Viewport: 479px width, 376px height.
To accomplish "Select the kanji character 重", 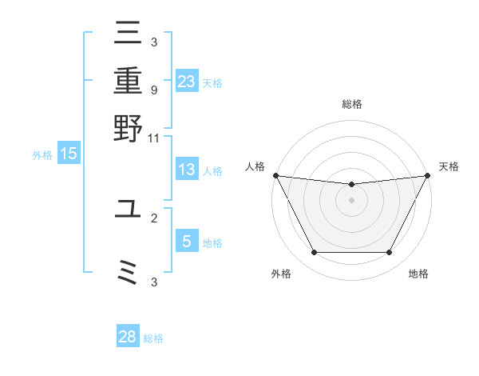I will point(129,82).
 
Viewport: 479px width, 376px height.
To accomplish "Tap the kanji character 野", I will point(129,127).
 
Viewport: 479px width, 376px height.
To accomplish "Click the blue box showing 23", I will point(186,82).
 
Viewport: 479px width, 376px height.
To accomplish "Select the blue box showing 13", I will point(186,170).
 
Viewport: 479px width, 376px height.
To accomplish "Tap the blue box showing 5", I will point(186,242).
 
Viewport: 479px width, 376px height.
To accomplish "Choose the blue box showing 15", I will point(69,154).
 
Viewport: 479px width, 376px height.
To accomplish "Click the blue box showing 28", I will point(128,337).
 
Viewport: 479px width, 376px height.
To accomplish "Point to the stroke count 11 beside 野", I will point(153,138).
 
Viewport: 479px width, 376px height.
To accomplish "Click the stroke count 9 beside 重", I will point(153,90).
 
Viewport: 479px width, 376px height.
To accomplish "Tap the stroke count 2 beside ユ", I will point(153,218).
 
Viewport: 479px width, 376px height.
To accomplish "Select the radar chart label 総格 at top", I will point(351,104).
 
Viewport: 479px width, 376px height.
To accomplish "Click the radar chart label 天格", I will point(449,166).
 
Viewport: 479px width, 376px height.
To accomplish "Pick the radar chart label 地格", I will point(418,274).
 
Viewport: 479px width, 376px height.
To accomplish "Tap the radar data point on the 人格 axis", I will point(276,175).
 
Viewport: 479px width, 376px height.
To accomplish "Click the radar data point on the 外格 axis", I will point(314,253).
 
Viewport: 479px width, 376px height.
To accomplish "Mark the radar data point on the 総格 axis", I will point(351,185).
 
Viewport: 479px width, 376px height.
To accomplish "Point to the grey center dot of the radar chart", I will point(351,200).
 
